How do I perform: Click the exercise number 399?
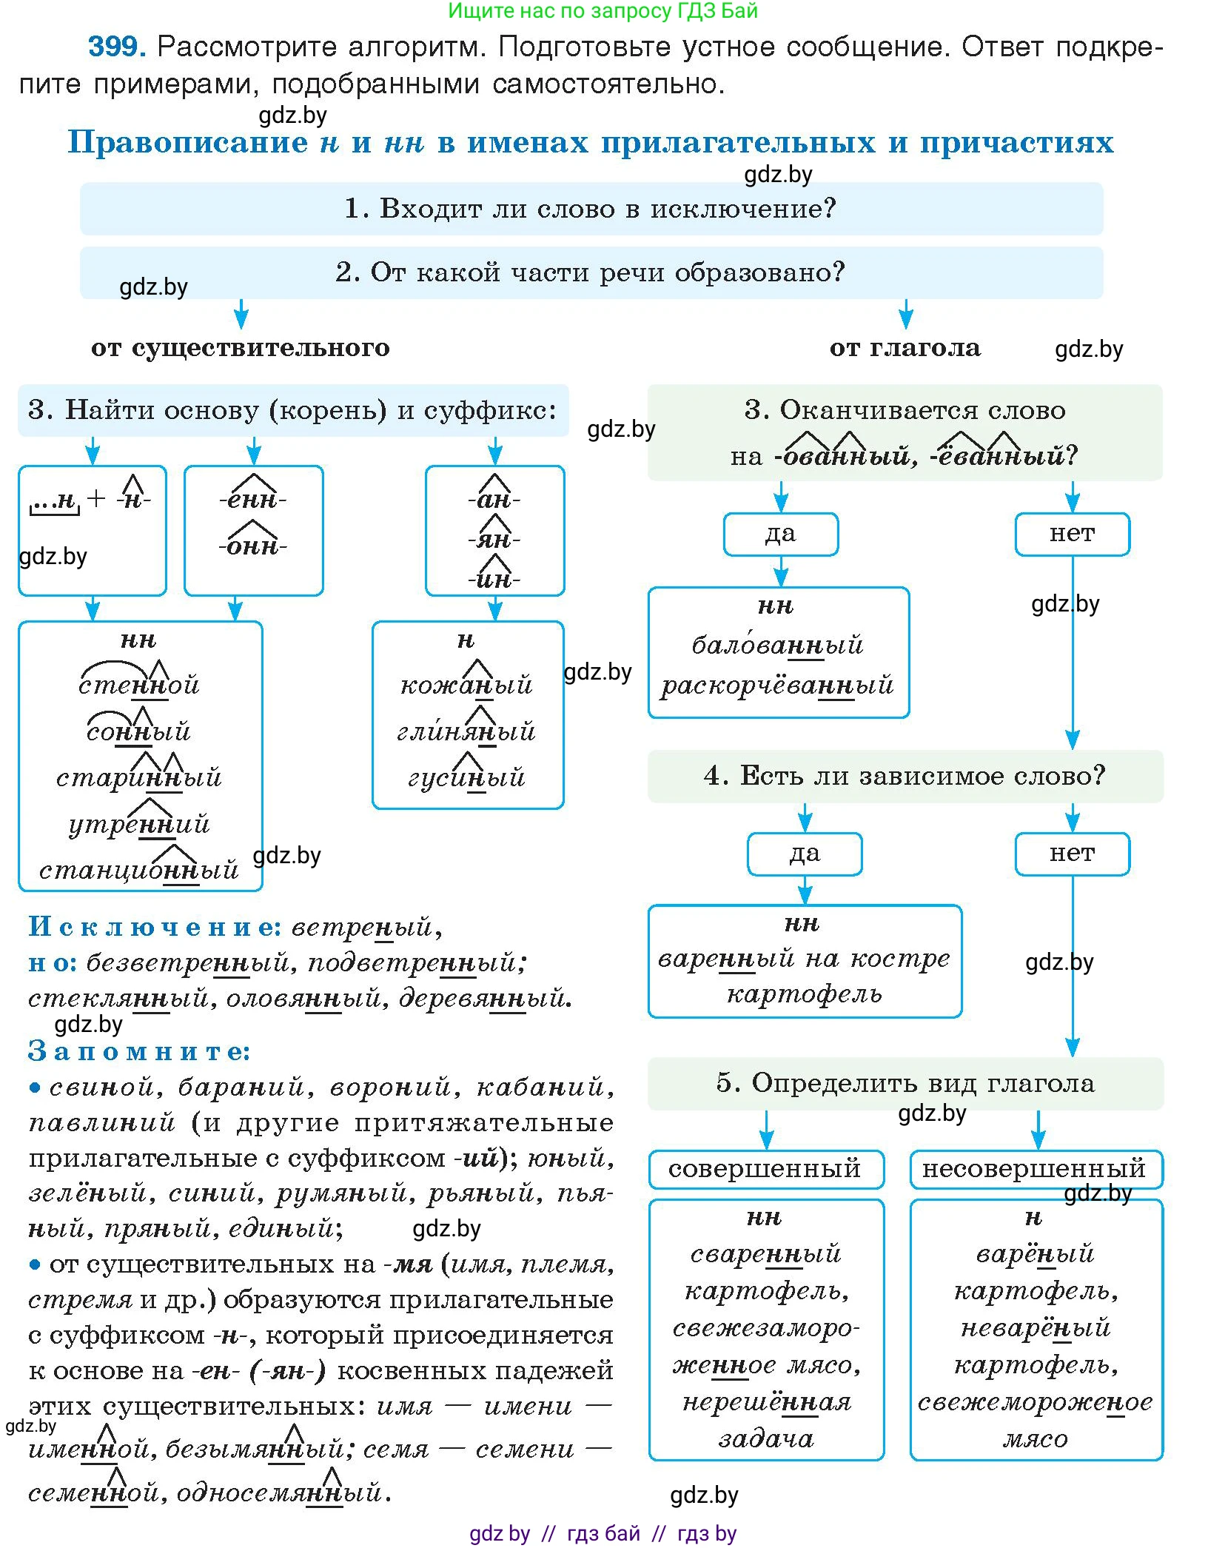coord(116,47)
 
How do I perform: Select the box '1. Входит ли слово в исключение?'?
coord(591,209)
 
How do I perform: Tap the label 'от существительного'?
coord(240,347)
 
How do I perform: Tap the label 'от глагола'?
coord(905,347)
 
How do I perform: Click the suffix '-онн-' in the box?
coord(252,546)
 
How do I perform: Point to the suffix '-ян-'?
coord(494,539)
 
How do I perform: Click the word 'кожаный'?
coord(466,685)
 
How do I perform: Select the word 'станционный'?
coord(139,869)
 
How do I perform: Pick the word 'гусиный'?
coord(466,777)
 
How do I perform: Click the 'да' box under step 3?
coord(780,534)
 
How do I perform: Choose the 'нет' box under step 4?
coord(1071,854)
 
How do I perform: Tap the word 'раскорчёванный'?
coord(777,686)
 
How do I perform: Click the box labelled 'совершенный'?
coord(765,1169)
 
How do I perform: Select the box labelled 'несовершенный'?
coord(1034,1169)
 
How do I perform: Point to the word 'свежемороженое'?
coord(1035,1402)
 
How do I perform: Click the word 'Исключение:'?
coord(155,926)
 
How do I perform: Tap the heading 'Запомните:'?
coord(139,1051)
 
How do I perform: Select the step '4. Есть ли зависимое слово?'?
coord(905,776)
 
